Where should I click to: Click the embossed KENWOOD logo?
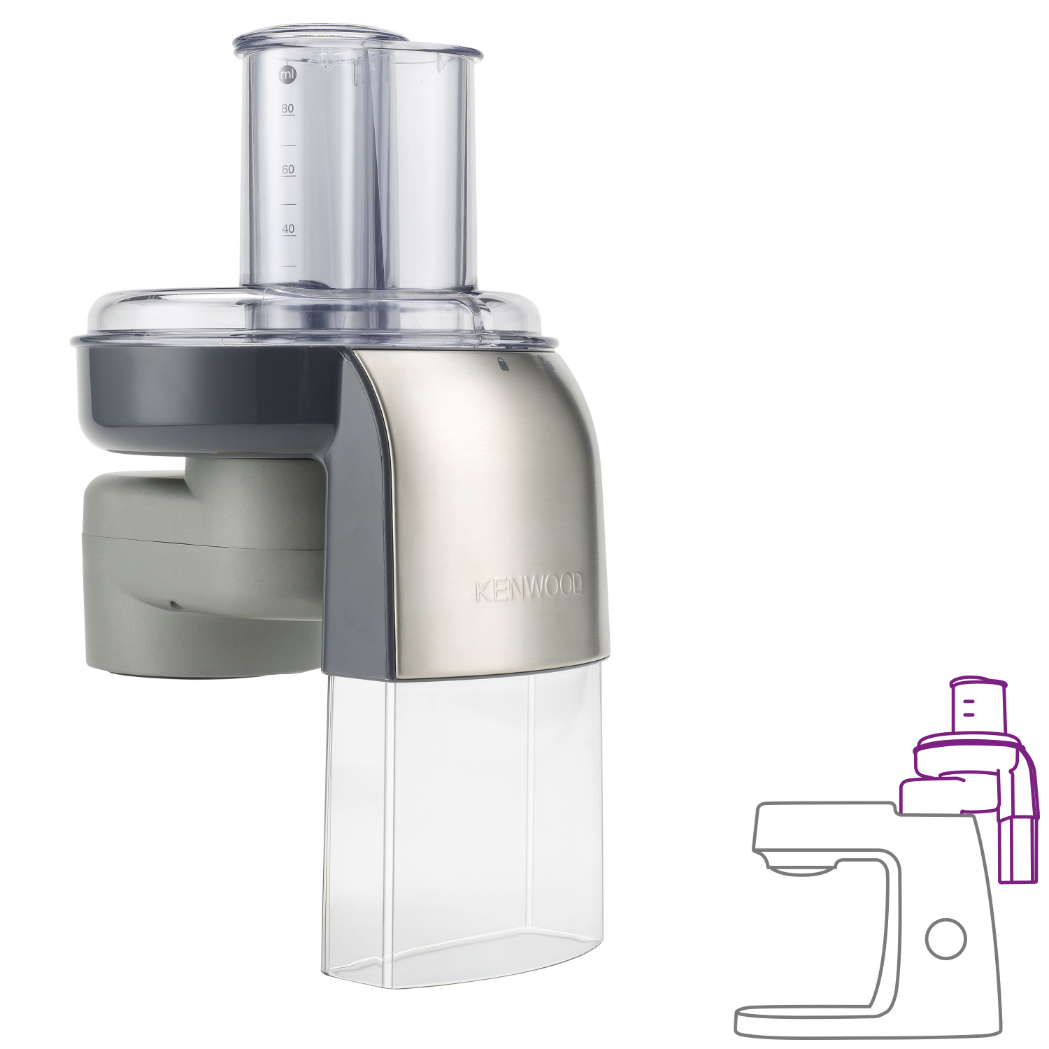[528, 590]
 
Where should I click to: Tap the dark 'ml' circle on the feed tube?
[287, 74]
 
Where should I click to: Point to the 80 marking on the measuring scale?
[287, 109]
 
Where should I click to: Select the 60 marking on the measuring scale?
[288, 170]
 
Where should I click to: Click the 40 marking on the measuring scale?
[288, 229]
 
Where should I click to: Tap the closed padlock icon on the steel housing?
[501, 362]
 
